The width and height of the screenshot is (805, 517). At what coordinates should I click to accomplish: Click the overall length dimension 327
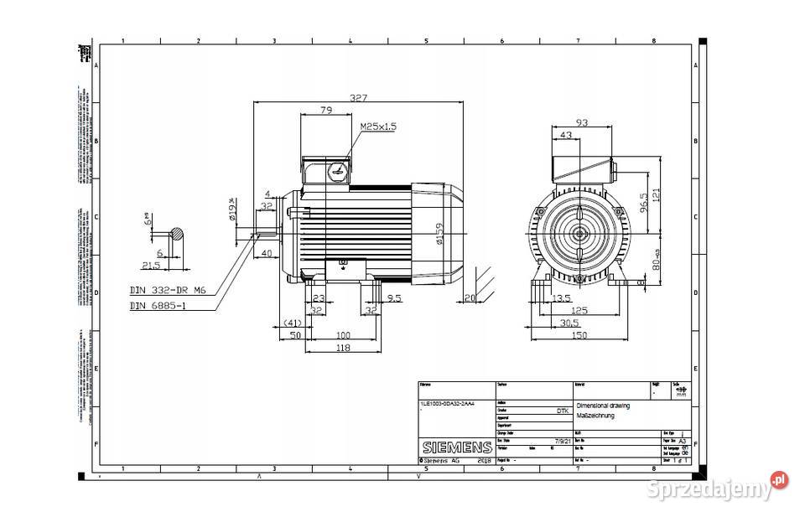(x=358, y=98)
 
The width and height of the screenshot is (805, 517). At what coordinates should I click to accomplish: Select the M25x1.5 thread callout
(x=378, y=127)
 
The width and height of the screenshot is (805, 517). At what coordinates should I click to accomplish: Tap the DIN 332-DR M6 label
(x=168, y=290)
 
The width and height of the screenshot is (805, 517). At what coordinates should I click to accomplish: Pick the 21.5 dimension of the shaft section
(x=152, y=265)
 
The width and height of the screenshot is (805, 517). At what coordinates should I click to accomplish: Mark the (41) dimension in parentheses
(x=290, y=322)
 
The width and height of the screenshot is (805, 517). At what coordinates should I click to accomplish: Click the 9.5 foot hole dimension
(x=393, y=297)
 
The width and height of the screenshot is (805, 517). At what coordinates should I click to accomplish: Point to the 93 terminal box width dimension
(x=582, y=122)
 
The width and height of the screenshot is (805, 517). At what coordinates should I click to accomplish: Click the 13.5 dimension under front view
(x=563, y=297)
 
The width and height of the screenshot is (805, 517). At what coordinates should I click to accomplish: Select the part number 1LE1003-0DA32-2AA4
(x=447, y=403)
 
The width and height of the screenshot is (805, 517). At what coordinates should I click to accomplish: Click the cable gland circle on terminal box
(x=337, y=170)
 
